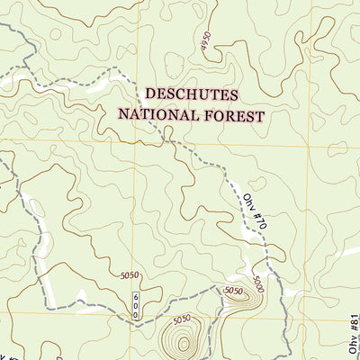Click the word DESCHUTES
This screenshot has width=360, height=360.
[x=192, y=94]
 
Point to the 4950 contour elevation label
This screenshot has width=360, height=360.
[x=206, y=42]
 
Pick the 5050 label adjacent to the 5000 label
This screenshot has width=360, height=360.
[x=233, y=291]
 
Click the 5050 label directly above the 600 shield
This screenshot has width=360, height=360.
[x=130, y=276]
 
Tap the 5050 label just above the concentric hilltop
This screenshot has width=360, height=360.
[x=182, y=318]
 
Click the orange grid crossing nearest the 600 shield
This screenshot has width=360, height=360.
[x=135, y=313]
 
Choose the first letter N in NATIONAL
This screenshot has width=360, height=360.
[x=124, y=115]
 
